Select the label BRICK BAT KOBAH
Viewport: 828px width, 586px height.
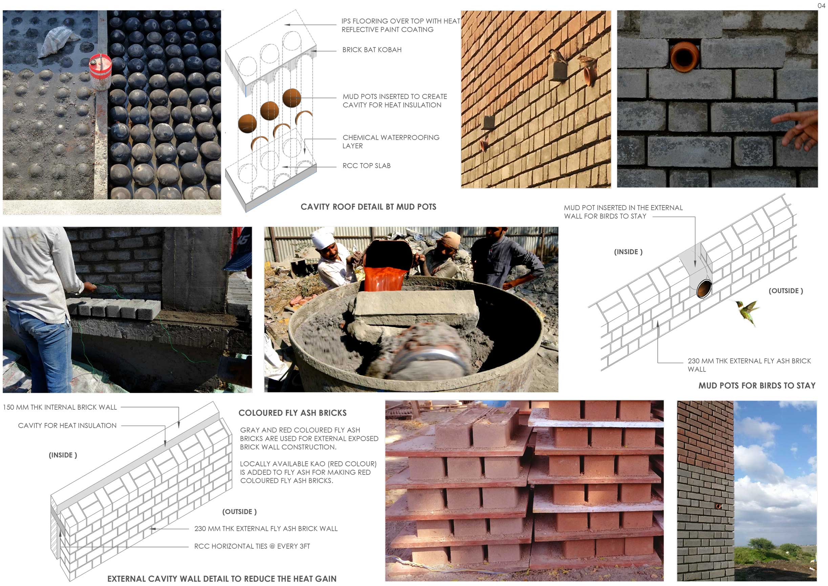[x=372, y=50]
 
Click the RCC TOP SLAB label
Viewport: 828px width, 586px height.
[x=366, y=166]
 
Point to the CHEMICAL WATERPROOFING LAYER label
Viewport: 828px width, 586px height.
[x=391, y=141]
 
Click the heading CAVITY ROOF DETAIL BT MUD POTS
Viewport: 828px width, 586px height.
[x=368, y=207]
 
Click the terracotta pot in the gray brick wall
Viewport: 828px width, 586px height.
[x=684, y=57]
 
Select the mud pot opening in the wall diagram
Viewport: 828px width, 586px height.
[x=704, y=289]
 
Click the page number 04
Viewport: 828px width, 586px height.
[x=821, y=5]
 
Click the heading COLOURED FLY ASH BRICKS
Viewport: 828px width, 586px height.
[x=293, y=413]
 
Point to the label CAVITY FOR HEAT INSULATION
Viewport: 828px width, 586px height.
[x=67, y=425]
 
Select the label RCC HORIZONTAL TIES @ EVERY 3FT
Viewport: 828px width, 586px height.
[x=252, y=546]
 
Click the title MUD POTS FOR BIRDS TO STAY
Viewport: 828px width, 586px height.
[x=757, y=385]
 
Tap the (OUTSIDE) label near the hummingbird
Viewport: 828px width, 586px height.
[x=786, y=291]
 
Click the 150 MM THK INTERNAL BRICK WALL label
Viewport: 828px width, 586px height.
[x=60, y=407]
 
